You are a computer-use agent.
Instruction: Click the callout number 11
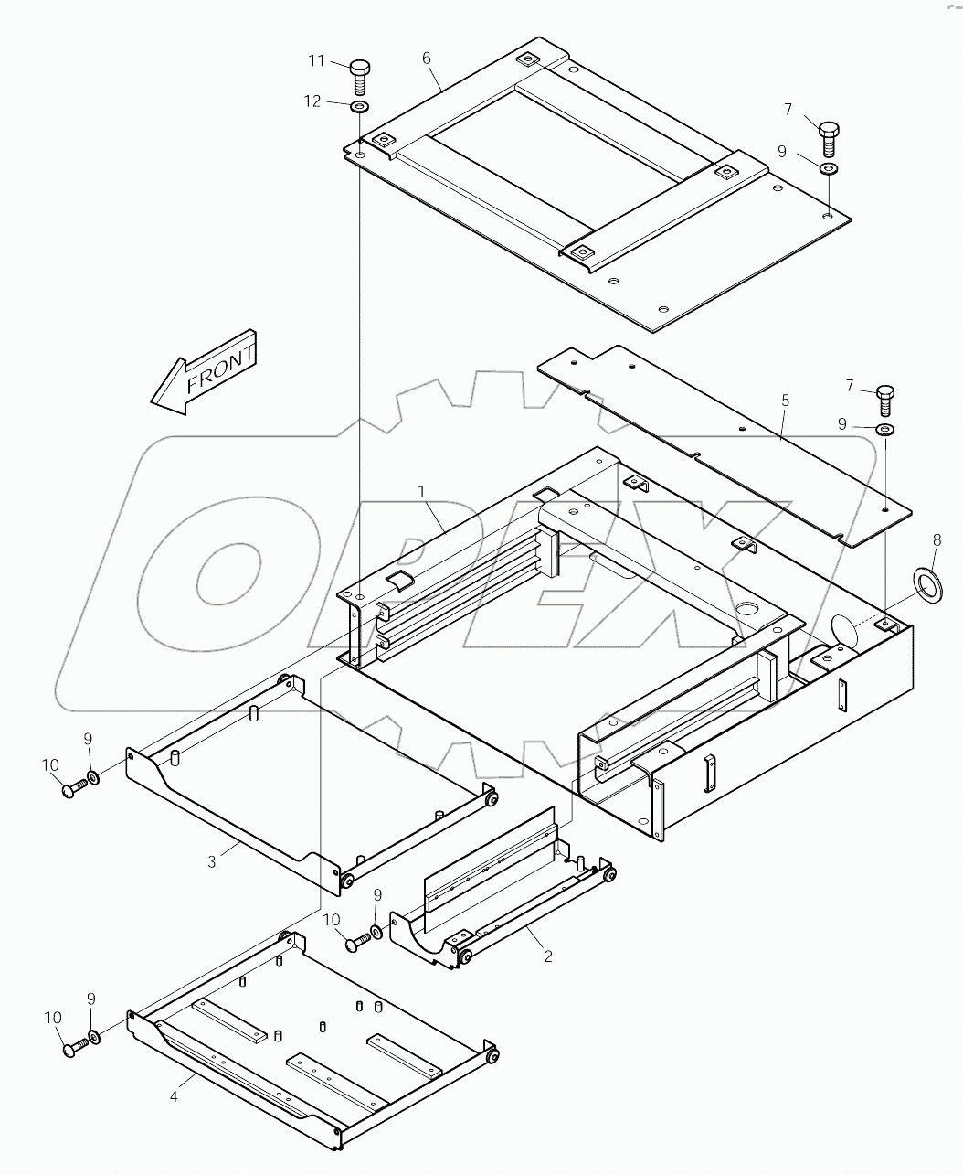pyautogui.click(x=316, y=61)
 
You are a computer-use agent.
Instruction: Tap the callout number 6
pyautogui.click(x=427, y=58)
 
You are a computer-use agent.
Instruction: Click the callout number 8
pyautogui.click(x=936, y=540)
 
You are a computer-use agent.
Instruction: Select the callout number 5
pyautogui.click(x=785, y=401)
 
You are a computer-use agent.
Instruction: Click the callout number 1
pyautogui.click(x=421, y=491)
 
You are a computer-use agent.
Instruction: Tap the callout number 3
pyautogui.click(x=211, y=861)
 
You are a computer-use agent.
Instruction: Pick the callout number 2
pyautogui.click(x=548, y=956)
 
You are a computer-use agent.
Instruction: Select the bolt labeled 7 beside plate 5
pyautogui.click(x=886, y=397)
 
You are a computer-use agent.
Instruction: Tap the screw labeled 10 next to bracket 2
pyautogui.click(x=355, y=941)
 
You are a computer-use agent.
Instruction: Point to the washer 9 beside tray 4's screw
pyautogui.click(x=94, y=1040)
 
